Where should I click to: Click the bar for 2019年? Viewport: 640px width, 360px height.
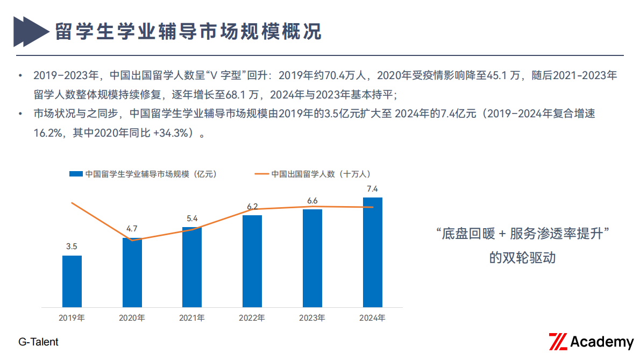[72, 281]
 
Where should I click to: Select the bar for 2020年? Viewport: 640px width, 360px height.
[132, 272]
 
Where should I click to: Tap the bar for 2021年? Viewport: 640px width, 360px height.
[192, 267]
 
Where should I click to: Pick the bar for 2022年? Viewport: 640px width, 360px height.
[252, 261]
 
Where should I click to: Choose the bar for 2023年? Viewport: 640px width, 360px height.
[312, 258]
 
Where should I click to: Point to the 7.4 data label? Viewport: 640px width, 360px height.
[372, 189]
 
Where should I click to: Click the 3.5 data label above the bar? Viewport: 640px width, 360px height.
[72, 246]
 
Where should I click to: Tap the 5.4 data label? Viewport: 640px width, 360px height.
[192, 218]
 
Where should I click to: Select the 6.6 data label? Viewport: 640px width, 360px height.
[312, 201]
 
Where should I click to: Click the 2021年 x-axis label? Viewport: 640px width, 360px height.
[192, 318]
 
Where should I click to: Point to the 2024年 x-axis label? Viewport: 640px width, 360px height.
[372, 318]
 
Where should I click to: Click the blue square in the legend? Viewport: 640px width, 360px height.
[76, 174]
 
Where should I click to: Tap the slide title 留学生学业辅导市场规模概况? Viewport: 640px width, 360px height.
[188, 31]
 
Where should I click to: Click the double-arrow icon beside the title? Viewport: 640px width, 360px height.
[30, 31]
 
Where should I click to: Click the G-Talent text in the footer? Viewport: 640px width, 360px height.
[38, 342]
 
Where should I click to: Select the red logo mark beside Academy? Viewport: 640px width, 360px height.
[558, 342]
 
